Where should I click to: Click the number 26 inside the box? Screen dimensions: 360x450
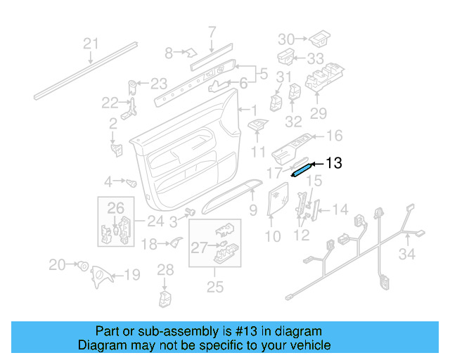click(x=115, y=207)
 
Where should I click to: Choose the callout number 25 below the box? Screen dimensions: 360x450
click(x=215, y=286)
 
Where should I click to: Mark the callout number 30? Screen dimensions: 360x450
click(x=286, y=39)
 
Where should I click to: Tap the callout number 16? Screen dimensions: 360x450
click(x=334, y=136)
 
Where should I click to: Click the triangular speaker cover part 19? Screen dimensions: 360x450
click(x=102, y=276)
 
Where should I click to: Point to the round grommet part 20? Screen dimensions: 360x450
click(x=82, y=266)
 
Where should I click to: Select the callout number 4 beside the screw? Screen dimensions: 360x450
click(x=108, y=181)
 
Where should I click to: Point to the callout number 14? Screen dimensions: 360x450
click(x=340, y=209)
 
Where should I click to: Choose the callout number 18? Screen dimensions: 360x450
click(x=149, y=244)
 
